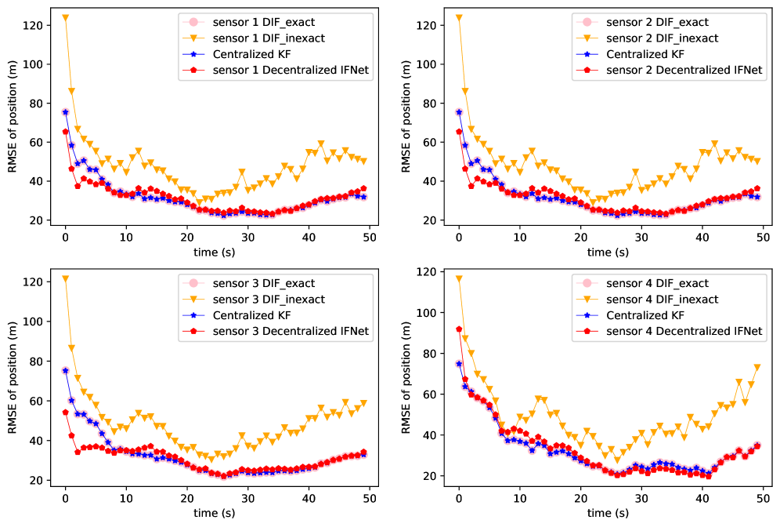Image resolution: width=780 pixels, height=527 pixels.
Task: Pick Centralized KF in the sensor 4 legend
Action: point(645,316)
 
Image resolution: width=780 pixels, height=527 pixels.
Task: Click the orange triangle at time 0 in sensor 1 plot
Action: point(65,17)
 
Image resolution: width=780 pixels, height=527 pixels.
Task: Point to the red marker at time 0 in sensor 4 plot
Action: point(459,329)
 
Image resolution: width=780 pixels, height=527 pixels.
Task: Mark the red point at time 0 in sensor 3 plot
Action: point(65,413)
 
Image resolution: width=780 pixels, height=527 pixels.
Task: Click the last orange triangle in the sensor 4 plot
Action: point(757,367)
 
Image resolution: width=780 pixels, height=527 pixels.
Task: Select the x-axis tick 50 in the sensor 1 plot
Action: point(370,237)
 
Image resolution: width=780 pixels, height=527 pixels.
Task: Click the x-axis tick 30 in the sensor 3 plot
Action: point(247,496)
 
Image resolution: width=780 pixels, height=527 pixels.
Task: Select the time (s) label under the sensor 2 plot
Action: point(608,252)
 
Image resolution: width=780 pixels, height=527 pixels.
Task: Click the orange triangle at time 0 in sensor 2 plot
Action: point(459,17)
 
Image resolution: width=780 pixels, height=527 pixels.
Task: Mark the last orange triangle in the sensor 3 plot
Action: point(363,403)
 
